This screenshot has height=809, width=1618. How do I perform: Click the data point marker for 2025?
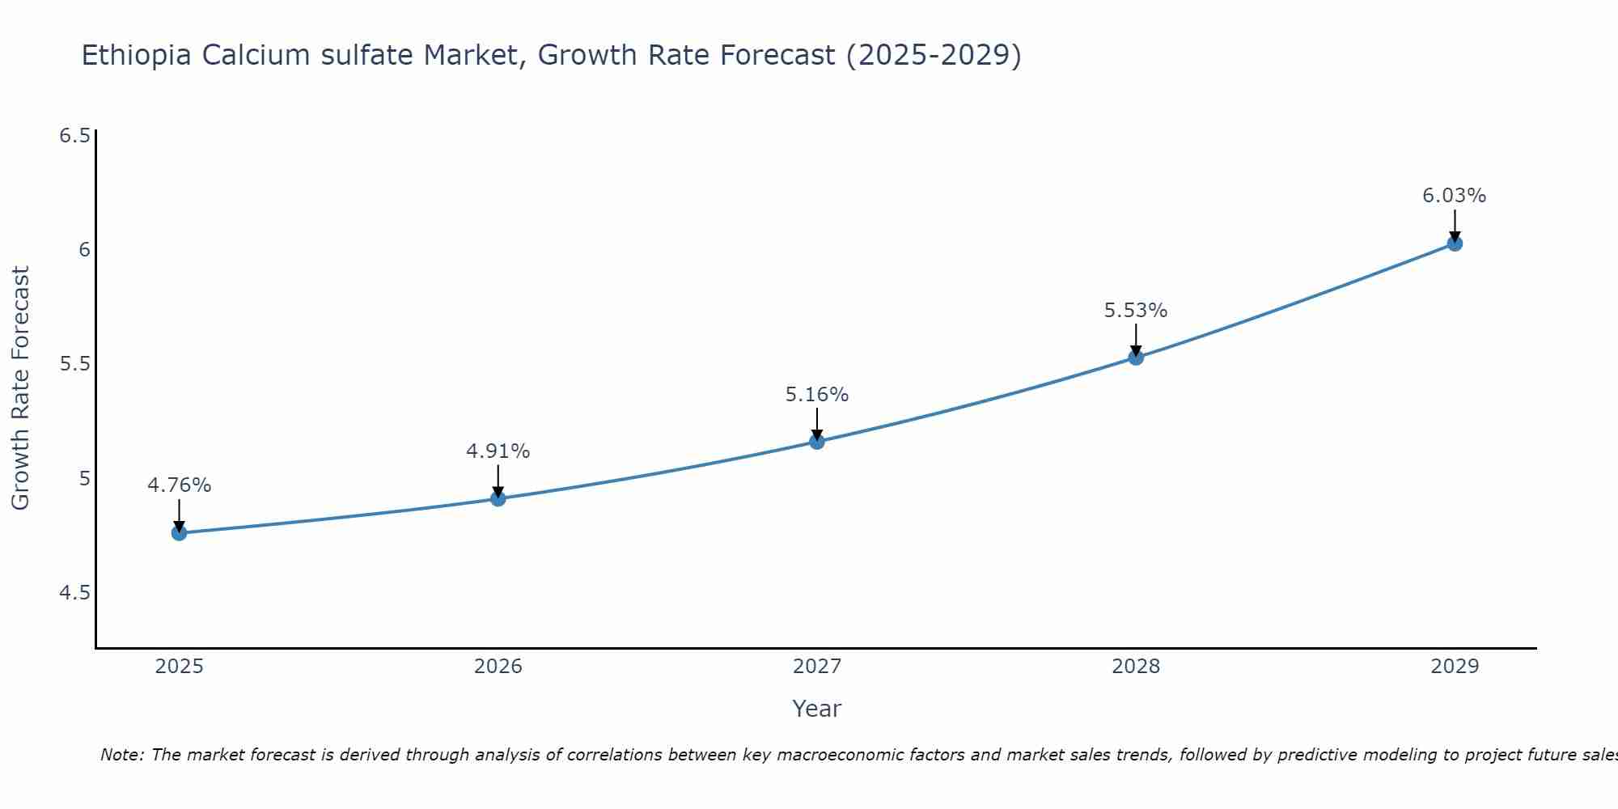179,533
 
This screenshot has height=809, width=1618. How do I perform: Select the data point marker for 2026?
498,498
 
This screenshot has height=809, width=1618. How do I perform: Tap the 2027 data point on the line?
817,442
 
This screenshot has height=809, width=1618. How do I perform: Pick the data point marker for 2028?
1136,357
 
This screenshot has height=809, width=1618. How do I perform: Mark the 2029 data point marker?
1455,243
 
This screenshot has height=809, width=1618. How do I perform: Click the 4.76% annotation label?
179,485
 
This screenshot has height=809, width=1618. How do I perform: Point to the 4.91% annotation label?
498,451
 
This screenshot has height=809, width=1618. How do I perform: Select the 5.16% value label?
817,395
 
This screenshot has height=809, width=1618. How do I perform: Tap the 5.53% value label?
1136,311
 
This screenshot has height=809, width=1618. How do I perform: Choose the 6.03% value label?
1455,196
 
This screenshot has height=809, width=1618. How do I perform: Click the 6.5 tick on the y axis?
74,135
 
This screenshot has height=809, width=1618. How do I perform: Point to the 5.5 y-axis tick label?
74,364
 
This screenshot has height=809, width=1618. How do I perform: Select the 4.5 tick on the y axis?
74,593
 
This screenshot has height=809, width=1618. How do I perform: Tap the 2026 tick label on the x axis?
498,667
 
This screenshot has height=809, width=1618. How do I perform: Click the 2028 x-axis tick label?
1136,667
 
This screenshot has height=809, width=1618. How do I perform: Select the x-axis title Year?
817,709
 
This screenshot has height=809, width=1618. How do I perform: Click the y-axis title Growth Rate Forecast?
21,388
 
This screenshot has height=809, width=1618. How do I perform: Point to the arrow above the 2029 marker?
1455,224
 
